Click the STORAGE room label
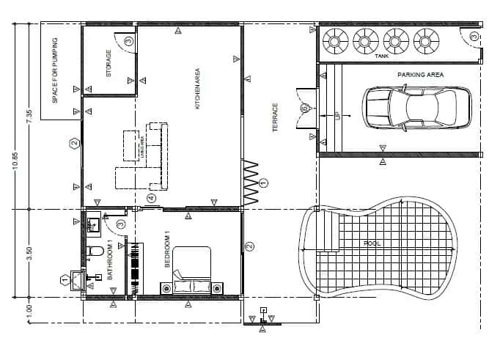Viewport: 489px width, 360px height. click(109, 63)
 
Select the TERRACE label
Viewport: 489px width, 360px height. click(276, 117)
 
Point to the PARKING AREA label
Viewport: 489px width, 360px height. click(421, 75)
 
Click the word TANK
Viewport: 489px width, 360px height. click(381, 56)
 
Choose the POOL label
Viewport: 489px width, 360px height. click(372, 243)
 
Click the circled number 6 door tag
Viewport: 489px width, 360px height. click(304, 109)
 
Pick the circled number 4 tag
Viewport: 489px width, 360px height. click(152, 198)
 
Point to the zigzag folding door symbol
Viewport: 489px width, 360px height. click(251, 182)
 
